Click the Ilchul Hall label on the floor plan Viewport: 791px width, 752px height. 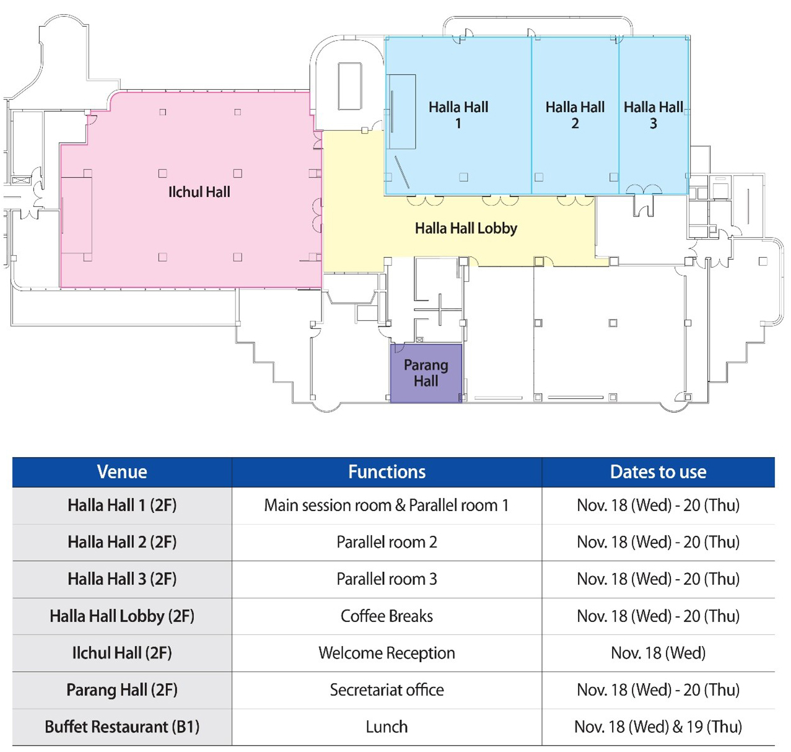[199, 192]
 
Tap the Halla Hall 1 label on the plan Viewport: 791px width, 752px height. [458, 115]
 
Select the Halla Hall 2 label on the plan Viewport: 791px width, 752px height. [575, 115]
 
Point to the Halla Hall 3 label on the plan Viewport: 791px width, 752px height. [653, 115]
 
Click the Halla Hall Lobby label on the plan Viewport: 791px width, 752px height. [466, 229]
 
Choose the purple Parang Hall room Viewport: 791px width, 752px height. [426, 373]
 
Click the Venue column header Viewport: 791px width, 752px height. [122, 472]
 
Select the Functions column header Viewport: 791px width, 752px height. [387, 472]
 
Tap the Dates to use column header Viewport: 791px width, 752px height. [658, 472]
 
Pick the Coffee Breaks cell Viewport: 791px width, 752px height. [387, 616]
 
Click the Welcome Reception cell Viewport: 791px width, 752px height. [387, 653]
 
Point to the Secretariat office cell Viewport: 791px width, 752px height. [387, 690]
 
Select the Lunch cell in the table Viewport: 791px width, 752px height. [387, 727]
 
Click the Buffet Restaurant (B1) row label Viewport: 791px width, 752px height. [122, 727]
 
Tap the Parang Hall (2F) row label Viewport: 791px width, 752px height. [122, 690]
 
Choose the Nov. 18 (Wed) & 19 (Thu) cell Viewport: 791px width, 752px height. [658, 727]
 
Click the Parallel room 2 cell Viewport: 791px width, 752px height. [387, 542]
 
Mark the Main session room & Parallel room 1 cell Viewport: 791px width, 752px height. [387, 505]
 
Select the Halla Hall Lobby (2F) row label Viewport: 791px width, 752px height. [122, 616]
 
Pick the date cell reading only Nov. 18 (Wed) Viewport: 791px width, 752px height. [658, 653]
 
